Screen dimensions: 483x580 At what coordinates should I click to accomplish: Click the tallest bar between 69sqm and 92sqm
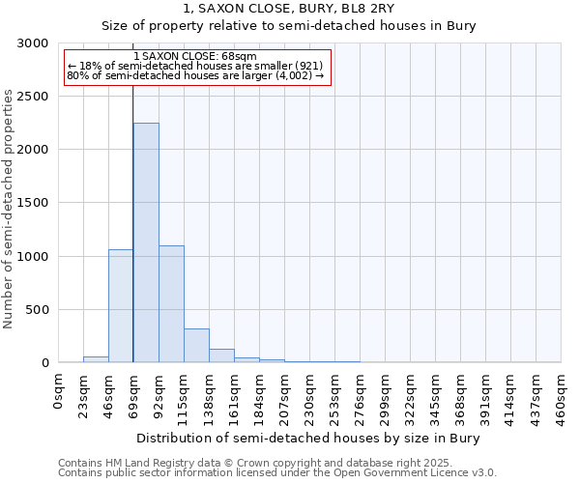coord(146,242)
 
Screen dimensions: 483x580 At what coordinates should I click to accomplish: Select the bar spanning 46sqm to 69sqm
coord(121,305)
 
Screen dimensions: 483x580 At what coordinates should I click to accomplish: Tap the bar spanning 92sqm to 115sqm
coord(171,303)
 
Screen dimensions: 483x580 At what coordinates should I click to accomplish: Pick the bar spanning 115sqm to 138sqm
coord(196,345)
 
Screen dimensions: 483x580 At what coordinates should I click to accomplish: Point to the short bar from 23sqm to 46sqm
coord(96,359)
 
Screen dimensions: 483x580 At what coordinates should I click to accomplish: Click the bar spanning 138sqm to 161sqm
coord(221,355)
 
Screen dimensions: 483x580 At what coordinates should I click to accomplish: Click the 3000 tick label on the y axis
coord(33,43)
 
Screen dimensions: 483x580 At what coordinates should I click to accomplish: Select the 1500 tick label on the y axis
coord(33,203)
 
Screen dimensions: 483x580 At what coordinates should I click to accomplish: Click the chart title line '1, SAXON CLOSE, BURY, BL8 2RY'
coord(289,9)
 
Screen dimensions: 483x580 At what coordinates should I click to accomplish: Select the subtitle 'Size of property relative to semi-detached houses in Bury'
coord(289,26)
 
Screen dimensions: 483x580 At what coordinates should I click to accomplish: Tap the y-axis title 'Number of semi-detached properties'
coord(10,209)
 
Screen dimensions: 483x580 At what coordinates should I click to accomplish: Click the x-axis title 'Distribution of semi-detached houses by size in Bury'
coord(307,438)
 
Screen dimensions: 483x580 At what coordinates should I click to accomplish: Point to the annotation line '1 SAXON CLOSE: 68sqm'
coord(195,57)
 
